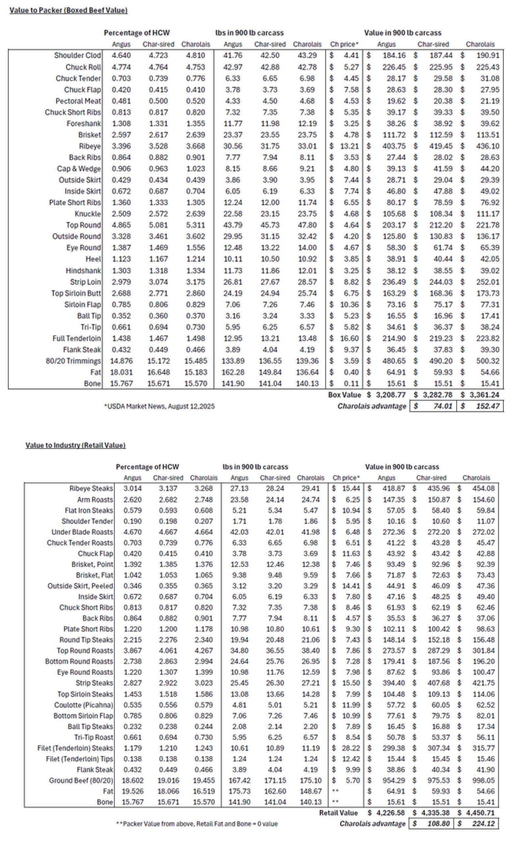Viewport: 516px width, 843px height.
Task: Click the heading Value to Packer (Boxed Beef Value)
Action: click(x=68, y=11)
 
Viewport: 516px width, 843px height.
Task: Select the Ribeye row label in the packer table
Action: click(x=90, y=146)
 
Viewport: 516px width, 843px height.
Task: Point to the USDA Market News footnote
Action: click(x=159, y=406)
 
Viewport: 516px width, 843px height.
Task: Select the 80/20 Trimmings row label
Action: click(x=73, y=361)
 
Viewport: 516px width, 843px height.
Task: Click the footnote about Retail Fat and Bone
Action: click(x=197, y=824)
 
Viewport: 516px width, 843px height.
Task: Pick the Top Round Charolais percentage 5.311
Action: click(x=196, y=225)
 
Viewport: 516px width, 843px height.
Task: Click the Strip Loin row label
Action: click(x=86, y=282)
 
